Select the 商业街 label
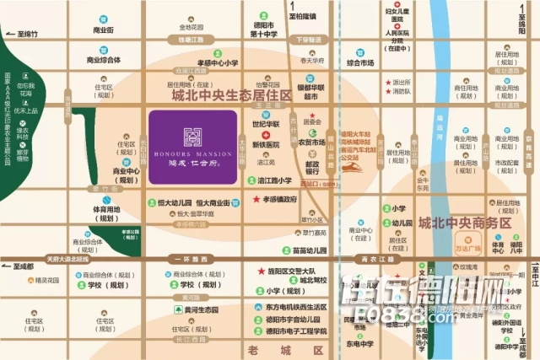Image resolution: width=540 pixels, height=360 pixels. point(104,30)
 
